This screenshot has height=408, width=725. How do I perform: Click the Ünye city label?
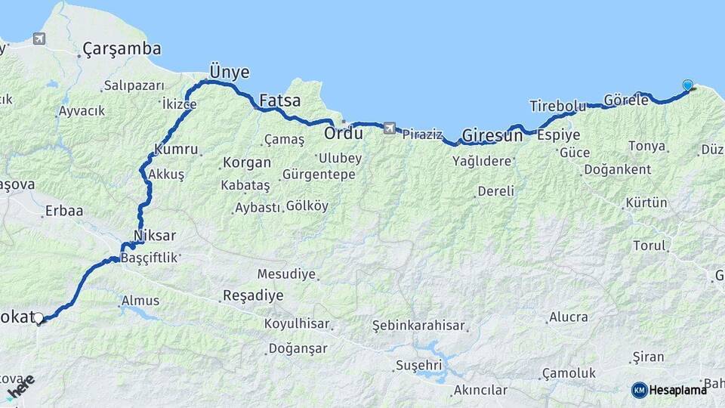(229, 71)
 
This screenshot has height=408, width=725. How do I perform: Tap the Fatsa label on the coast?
(279, 100)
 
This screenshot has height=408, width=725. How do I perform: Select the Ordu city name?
(343, 133)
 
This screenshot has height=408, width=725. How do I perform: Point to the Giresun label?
(492, 136)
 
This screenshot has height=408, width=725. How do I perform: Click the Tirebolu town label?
(557, 106)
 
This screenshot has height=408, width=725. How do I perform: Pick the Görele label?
(626, 100)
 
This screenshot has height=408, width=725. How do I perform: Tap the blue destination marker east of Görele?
(687, 85)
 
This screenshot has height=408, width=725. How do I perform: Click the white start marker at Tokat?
(39, 318)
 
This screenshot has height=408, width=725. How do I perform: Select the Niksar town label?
(154, 235)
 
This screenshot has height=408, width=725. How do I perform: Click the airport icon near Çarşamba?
(39, 38)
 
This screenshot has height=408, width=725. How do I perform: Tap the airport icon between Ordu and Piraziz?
(389, 128)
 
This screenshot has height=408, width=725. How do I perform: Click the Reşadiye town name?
(252, 295)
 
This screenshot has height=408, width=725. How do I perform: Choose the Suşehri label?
(418, 366)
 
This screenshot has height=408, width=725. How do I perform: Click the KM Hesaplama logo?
(669, 390)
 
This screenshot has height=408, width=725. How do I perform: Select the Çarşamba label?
(122, 49)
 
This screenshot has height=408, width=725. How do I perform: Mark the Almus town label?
(140, 301)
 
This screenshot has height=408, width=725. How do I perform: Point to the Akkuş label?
(166, 174)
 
